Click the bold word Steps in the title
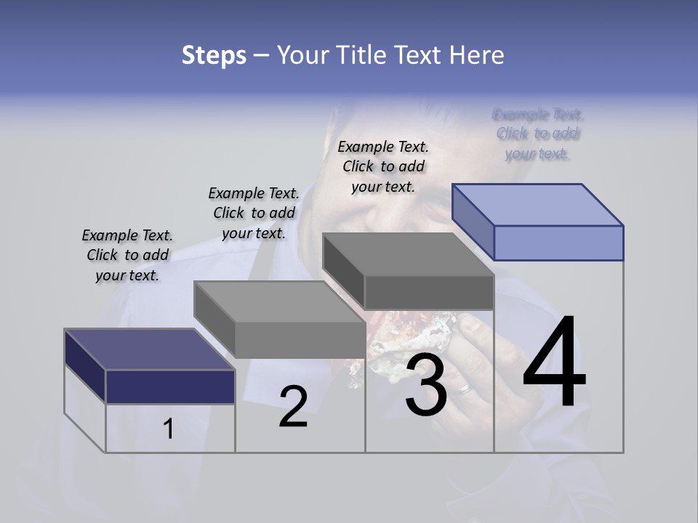(214, 55)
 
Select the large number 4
(554, 362)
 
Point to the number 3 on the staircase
(426, 386)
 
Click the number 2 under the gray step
(293, 407)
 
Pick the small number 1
(169, 429)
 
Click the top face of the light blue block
(537, 205)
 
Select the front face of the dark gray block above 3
(429, 292)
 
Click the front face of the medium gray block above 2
(300, 339)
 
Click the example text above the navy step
(127, 255)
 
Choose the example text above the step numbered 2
(254, 213)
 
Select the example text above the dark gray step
(383, 166)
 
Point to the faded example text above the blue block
(537, 134)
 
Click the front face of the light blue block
(558, 243)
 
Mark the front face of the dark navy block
(170, 386)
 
